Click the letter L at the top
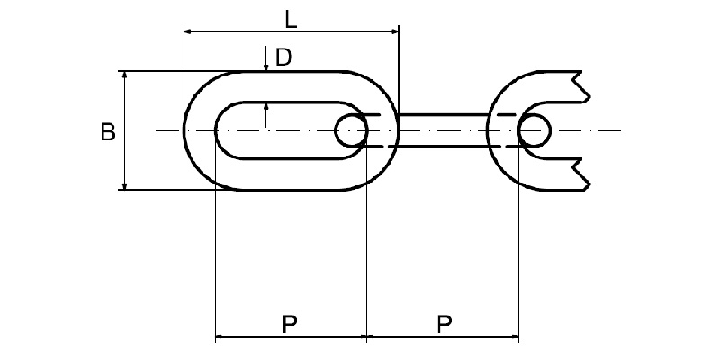coord(291,17)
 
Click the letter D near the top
coord(283,58)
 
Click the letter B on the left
coord(107,132)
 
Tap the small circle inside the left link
coord(350,130)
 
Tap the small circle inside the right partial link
coord(534,130)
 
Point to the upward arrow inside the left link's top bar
coord(266,109)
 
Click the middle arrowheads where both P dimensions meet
coord(367,339)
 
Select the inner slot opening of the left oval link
coord(279,130)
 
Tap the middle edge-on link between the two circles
coord(441,130)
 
